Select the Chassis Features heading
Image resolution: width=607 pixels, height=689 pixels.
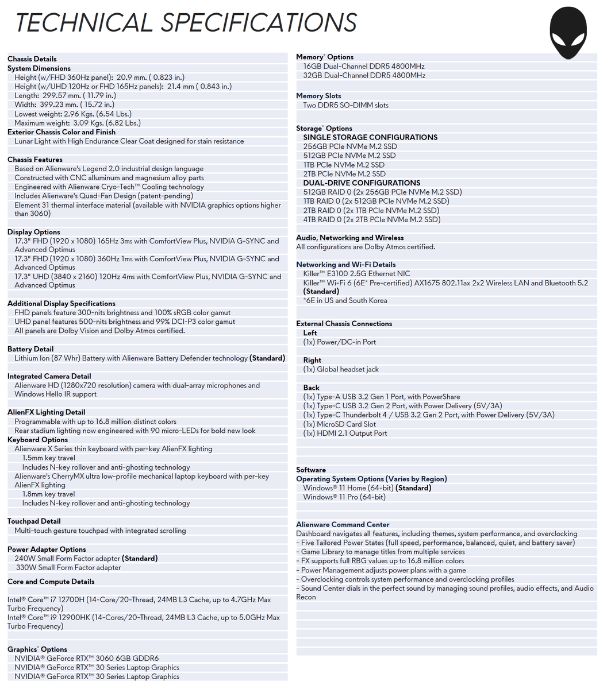(x=34, y=160)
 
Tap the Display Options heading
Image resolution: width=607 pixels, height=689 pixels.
(x=34, y=232)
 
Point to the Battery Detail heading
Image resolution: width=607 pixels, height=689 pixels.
(x=30, y=349)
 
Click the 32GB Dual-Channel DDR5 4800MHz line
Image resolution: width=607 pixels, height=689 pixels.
(x=364, y=75)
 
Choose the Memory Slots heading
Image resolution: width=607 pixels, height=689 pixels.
(x=318, y=96)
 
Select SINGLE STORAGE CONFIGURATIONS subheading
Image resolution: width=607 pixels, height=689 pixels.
(x=370, y=137)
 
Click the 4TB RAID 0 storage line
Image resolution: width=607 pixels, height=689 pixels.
(x=371, y=219)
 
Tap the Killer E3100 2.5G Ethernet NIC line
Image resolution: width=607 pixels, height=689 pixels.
(x=356, y=274)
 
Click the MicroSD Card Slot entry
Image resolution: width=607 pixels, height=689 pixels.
(x=339, y=424)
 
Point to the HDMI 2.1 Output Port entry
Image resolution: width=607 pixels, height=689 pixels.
(x=345, y=433)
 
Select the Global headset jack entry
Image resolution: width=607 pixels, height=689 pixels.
(x=341, y=369)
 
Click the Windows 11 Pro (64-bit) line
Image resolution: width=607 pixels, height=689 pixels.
(x=344, y=497)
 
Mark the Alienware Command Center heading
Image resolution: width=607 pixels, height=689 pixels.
(x=343, y=524)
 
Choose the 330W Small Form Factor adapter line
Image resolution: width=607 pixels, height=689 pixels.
(x=68, y=568)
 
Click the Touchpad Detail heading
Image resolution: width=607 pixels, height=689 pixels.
(x=34, y=521)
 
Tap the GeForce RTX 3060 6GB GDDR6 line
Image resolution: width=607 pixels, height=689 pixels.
(x=86, y=659)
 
